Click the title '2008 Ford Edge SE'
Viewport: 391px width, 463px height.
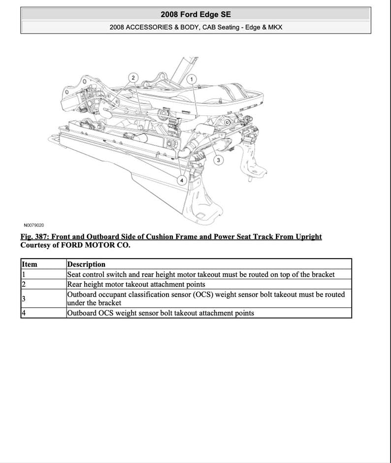coord(195,15)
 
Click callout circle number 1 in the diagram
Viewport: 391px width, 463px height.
coord(192,79)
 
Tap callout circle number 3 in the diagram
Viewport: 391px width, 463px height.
coord(218,160)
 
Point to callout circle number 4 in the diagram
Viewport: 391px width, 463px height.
coord(182,180)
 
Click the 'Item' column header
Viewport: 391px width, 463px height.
coord(30,265)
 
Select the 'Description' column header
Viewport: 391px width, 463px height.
coord(86,265)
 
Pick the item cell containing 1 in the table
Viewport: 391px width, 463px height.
coord(23,274)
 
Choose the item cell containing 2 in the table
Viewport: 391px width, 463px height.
coord(24,284)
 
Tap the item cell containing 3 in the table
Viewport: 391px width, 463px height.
coord(23,298)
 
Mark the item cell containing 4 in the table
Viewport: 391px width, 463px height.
coord(24,313)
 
